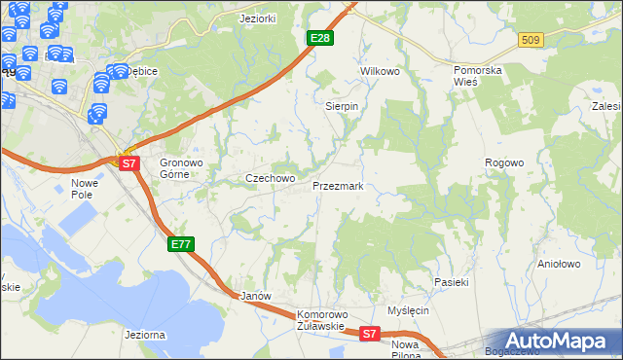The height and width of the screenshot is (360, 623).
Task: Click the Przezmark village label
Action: [338, 185]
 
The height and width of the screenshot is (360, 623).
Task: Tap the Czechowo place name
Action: [270, 179]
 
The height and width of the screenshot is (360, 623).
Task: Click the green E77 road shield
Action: [181, 244]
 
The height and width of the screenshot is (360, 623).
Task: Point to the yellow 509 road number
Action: [530, 40]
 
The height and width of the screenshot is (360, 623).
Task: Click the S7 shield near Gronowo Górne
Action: [129, 163]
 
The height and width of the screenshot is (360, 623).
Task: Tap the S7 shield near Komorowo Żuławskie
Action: [369, 334]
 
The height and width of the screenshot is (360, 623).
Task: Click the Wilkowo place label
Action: [381, 72]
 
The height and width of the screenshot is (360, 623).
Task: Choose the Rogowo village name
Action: [504, 163]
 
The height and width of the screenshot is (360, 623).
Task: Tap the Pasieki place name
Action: [452, 282]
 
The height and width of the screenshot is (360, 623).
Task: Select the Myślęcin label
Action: [408, 310]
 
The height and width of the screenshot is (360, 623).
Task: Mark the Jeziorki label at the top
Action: [259, 18]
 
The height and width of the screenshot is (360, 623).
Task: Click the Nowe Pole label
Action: [86, 189]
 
